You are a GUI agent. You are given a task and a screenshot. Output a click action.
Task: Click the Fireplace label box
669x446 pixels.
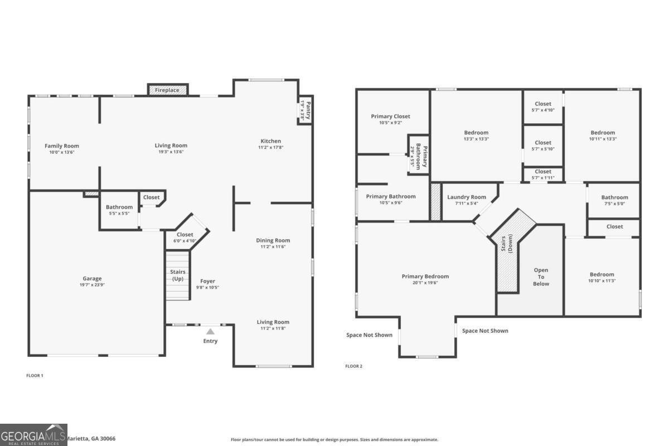click(x=167, y=90)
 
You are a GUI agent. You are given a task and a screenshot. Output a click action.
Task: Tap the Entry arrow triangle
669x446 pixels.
click(x=210, y=331)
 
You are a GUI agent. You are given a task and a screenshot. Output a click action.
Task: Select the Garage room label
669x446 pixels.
click(x=93, y=279)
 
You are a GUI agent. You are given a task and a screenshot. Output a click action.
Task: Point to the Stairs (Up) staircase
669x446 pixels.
click(x=178, y=275)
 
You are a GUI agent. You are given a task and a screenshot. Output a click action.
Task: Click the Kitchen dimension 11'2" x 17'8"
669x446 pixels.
click(x=270, y=148)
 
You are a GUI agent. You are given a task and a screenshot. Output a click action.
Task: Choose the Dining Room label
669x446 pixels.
click(x=273, y=240)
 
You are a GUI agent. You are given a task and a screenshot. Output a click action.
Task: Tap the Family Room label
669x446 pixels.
click(x=62, y=146)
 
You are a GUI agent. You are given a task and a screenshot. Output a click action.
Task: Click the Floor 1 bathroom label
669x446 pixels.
click(x=119, y=207)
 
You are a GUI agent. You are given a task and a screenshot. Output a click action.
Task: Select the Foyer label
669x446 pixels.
click(x=207, y=281)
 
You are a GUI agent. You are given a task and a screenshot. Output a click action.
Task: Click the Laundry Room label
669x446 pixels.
click(x=467, y=197)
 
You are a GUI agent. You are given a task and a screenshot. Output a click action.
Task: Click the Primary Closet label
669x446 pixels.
click(x=390, y=116)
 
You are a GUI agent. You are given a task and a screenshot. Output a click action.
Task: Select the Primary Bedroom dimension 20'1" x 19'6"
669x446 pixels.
click(x=425, y=283)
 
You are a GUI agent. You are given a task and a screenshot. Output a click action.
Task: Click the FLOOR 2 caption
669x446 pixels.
click(x=353, y=366)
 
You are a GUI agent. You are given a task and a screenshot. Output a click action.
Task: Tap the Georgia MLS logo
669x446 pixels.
click(x=33, y=435)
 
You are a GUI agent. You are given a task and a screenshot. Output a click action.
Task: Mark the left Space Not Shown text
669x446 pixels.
click(x=369, y=335)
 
